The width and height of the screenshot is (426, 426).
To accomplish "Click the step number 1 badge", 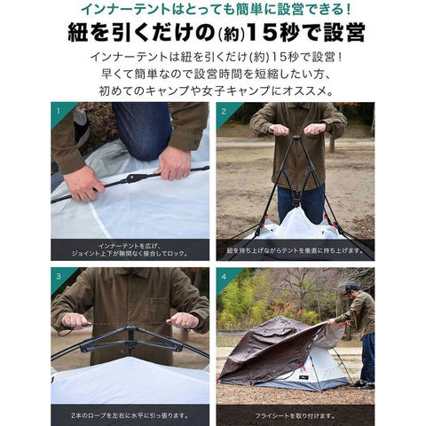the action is coord(59,112).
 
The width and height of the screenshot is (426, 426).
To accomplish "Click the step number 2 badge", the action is coord(224,112).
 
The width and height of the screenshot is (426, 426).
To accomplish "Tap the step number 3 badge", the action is coord(59,277).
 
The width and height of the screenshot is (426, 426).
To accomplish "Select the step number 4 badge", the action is coord(224,277).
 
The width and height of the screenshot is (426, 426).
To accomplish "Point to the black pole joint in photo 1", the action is coord(131,178).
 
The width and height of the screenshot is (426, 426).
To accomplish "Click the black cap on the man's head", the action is coord(351,288).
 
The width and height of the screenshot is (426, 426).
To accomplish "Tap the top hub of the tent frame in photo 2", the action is coord(297,138).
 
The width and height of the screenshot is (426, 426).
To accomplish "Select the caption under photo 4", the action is coord(296,415).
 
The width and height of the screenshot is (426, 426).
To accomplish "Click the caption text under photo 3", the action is coord(130,415).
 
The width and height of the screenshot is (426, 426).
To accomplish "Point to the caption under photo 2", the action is coord(296,250).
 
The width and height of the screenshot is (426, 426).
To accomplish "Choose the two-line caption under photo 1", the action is coord(130,250).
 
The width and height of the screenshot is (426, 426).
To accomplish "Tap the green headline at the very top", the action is coord(217,10).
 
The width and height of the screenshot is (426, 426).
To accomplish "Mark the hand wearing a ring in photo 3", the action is coord(183,320).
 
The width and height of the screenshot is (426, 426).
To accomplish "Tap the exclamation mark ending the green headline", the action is coord(348,10).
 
